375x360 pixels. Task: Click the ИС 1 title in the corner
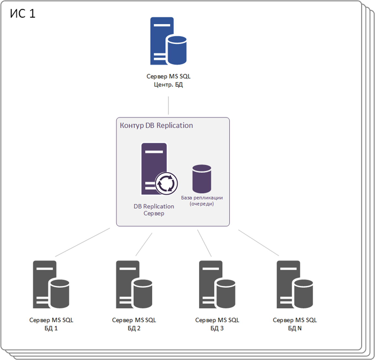23,14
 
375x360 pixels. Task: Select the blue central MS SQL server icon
168,41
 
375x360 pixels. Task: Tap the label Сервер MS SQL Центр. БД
168,80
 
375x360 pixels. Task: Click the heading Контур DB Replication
156,125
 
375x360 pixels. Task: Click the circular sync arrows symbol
166,183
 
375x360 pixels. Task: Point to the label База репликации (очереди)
202,201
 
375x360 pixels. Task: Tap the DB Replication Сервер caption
154,210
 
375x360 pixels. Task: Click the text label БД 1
51,328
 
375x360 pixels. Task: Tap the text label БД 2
134,328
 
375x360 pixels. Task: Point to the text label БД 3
217,328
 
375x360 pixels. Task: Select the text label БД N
295,328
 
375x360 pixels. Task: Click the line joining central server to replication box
168,105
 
